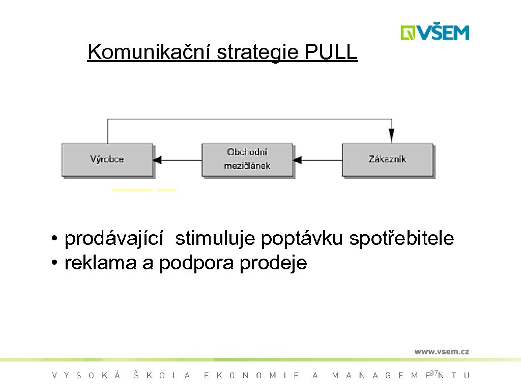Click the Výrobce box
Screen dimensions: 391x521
[107, 159]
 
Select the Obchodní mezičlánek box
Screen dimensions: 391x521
[247, 159]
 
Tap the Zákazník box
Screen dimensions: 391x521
[387, 159]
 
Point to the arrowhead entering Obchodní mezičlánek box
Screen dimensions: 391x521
[298, 160]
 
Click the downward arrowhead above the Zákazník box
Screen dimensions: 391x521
[391, 136]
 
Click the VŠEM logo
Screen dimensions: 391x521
[435, 33]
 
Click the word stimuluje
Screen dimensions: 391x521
[216, 238]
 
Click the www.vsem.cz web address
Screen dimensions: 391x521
[441, 351]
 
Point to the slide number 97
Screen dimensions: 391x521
[433, 373]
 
